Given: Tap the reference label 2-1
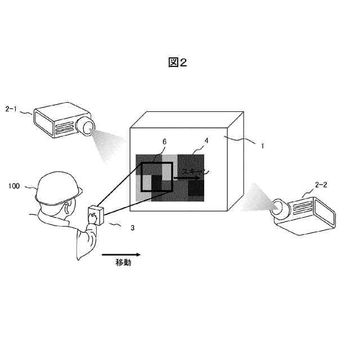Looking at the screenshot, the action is (x=13, y=107).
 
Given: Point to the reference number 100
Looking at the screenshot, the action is (x=16, y=184).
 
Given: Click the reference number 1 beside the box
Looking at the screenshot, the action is (x=262, y=145).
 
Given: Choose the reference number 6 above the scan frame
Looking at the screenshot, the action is (x=164, y=142).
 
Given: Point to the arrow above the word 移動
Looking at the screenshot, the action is (x=119, y=254).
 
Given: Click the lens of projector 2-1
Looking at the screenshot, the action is (x=87, y=128).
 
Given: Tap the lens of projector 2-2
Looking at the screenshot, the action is (x=278, y=208).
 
